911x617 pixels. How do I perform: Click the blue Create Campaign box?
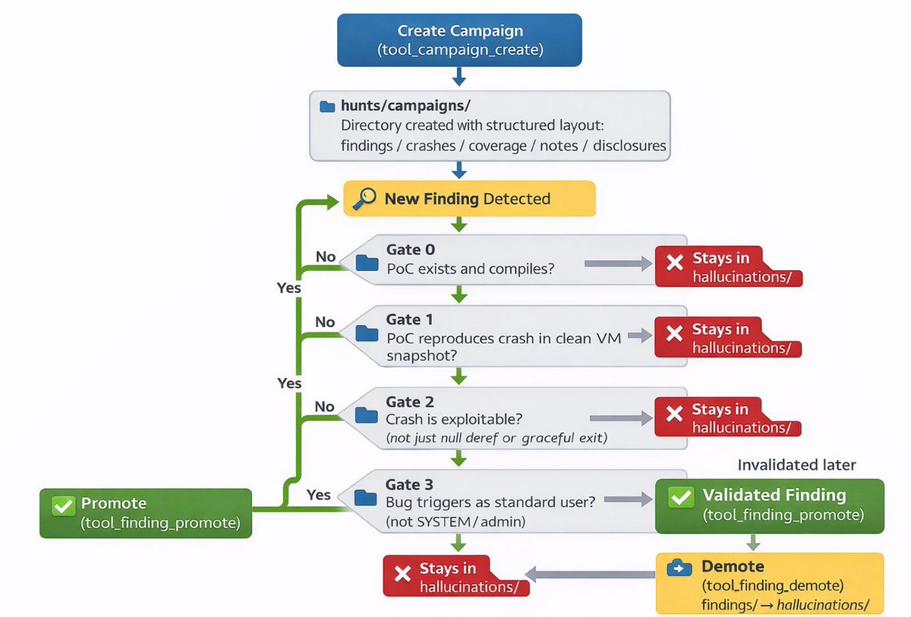[459, 40]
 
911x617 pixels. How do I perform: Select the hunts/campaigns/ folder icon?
[327, 106]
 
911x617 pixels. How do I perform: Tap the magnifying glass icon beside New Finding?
[364, 199]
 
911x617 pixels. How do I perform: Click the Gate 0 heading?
[410, 250]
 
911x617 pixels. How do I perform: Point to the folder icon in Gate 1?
[367, 332]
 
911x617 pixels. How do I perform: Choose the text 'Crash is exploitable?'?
[454, 419]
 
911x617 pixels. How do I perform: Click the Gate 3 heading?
[410, 484]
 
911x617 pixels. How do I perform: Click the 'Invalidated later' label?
[796, 465]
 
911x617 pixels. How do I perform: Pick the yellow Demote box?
[769, 583]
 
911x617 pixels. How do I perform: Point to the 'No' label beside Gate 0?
[326, 257]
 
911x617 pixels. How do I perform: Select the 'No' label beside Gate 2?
[325, 407]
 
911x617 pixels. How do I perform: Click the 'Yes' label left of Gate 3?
[319, 495]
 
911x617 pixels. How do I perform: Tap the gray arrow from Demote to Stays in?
[590, 574]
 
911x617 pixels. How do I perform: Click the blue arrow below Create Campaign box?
[459, 77]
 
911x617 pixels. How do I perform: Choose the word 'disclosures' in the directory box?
[629, 145]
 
